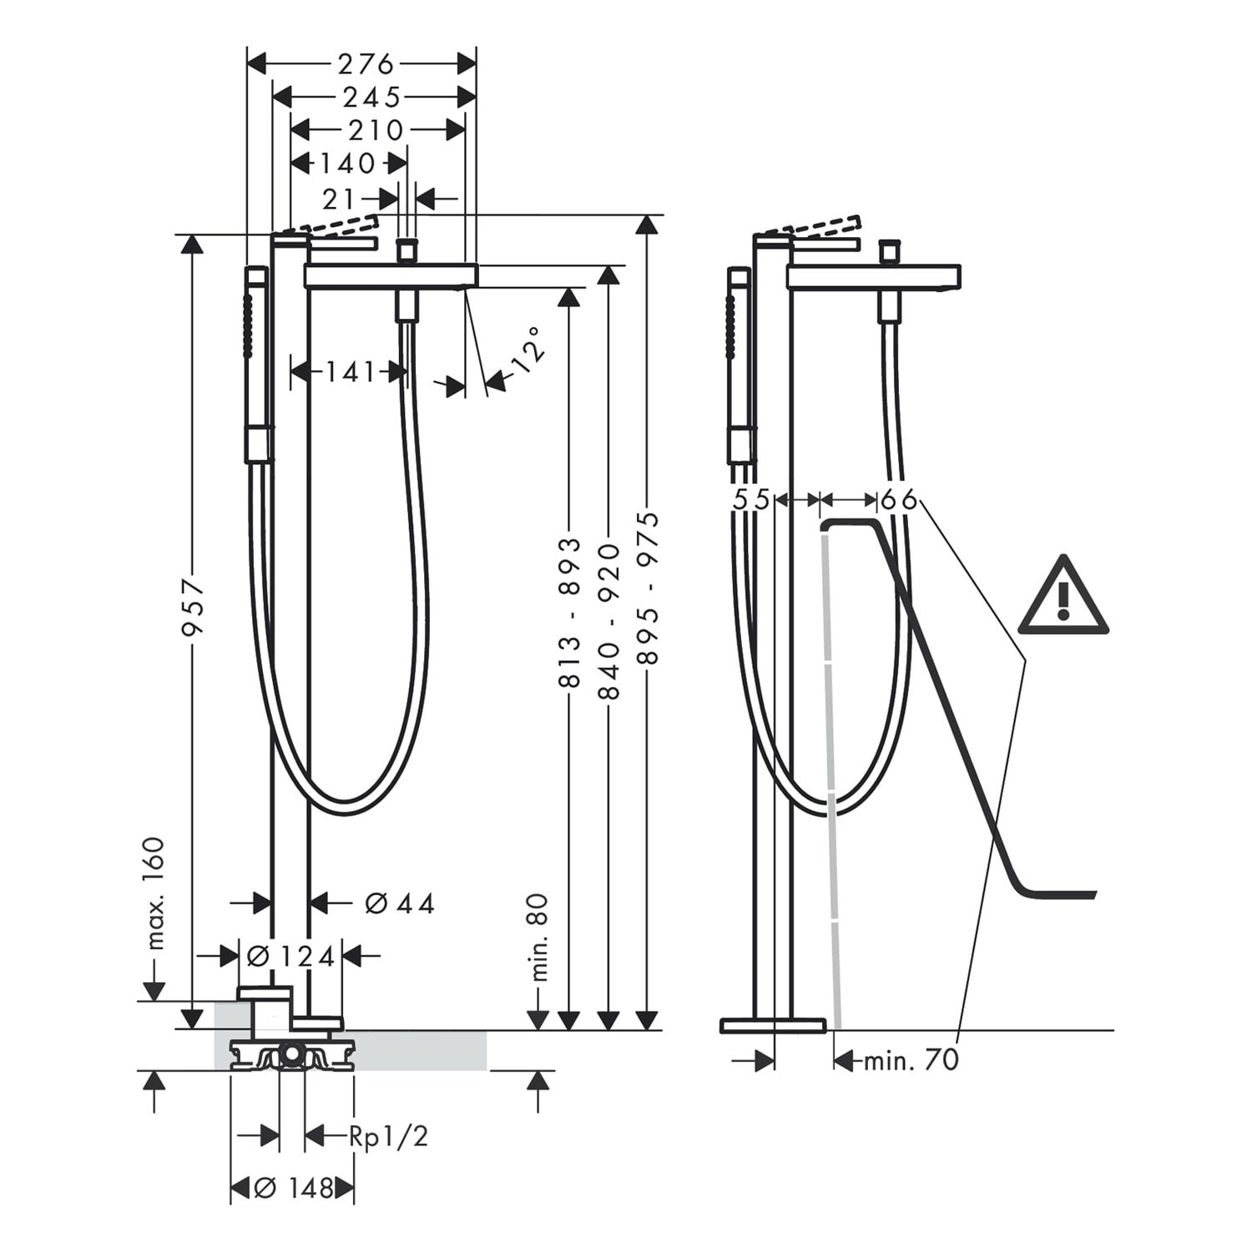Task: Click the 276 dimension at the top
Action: (x=366, y=64)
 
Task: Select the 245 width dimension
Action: (x=372, y=98)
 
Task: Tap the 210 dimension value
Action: (x=376, y=130)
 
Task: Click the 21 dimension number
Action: (x=339, y=199)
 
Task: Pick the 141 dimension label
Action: (x=351, y=371)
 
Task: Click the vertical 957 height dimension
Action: (x=194, y=608)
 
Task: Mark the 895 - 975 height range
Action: (x=648, y=588)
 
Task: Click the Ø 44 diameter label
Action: (x=401, y=902)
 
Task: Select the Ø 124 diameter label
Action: (x=290, y=956)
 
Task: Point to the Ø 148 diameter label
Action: (x=293, y=1187)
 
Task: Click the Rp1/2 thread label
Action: (x=389, y=1136)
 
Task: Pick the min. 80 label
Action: (x=540, y=936)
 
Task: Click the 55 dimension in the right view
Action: (x=751, y=500)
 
